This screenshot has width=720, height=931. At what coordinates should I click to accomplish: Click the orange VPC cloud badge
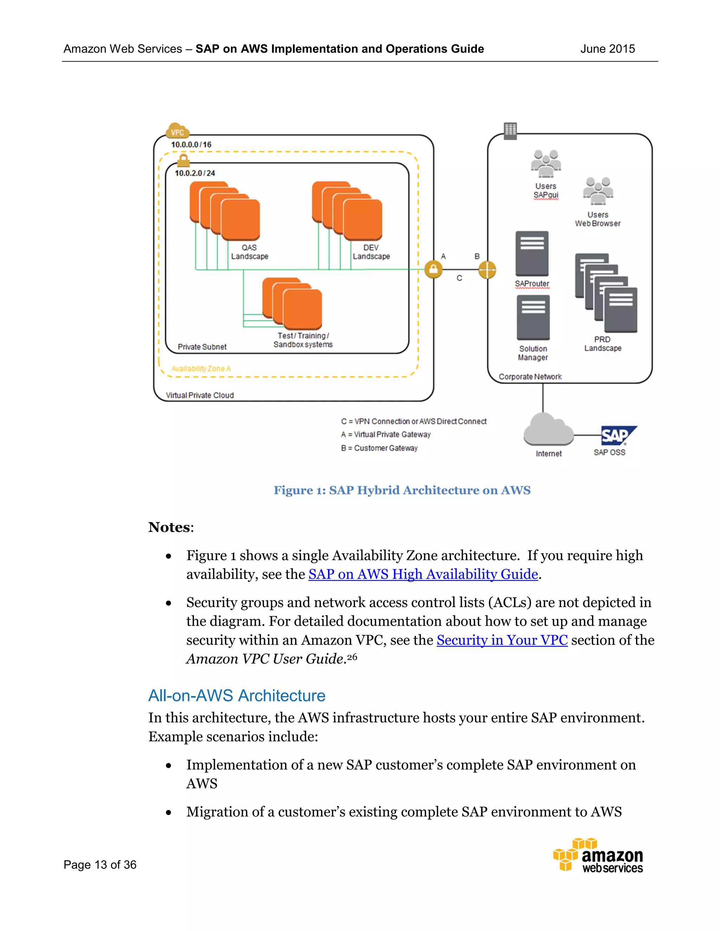[178, 132]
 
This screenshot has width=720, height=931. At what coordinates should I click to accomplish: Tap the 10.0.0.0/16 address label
[191, 144]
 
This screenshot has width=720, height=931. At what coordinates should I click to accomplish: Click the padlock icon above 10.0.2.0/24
[184, 161]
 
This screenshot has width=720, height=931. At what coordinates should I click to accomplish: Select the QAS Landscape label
[250, 252]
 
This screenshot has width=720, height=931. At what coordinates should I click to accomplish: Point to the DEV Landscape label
[371, 252]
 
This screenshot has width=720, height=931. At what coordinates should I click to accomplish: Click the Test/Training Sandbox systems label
[303, 340]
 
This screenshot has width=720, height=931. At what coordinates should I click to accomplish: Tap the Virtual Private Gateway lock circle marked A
[433, 269]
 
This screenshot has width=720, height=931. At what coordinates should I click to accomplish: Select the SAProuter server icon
[532, 254]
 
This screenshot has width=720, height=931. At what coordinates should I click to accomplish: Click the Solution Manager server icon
[533, 318]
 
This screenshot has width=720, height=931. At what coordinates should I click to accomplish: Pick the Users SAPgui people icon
[546, 164]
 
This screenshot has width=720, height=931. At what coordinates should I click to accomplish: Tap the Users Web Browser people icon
[598, 191]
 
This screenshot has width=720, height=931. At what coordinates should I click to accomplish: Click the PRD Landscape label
[603, 344]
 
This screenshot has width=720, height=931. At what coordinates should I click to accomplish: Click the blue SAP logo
[617, 435]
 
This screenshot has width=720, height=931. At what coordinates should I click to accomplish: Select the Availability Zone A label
[201, 369]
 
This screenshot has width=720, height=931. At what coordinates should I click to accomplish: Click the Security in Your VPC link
[502, 640]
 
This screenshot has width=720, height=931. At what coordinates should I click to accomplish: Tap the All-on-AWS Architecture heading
[237, 695]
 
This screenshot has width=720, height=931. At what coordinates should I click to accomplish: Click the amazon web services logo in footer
[598, 856]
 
